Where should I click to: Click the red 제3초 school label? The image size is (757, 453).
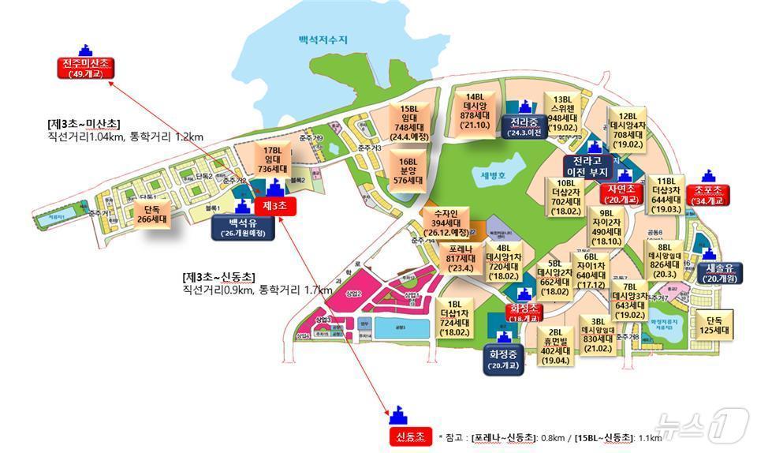point(275,206)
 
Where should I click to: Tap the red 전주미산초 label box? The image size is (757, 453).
point(87,68)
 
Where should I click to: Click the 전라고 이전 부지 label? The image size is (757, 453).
point(593,166)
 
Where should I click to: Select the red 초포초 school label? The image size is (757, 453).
point(709,194)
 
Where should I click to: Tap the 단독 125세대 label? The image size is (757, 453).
point(714,324)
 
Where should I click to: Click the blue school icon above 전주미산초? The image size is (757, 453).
point(86,50)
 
